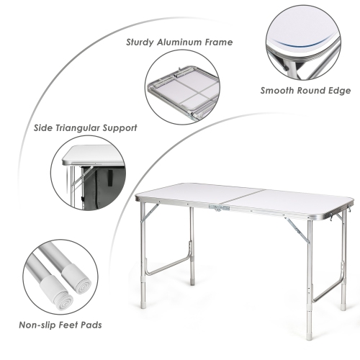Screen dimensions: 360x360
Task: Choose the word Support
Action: coord(120,128)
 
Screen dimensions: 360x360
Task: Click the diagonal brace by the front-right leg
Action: coord(295,229)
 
